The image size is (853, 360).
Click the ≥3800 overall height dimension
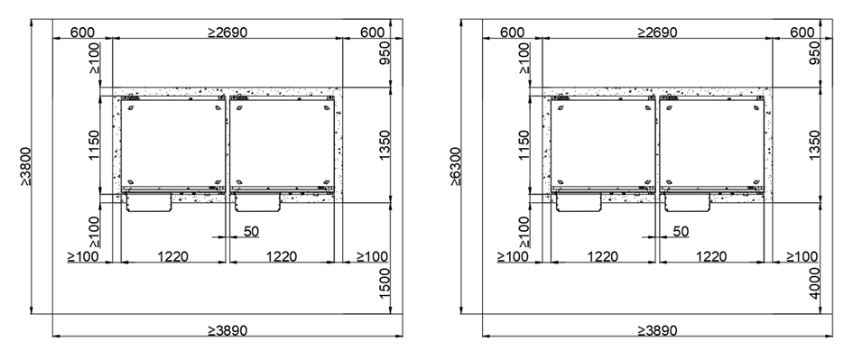coord(25,166)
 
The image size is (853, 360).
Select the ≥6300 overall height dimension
coord(455,166)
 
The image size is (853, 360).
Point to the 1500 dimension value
coord(385,282)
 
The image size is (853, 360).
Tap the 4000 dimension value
coord(814,282)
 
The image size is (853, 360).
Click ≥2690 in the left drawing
coord(227,32)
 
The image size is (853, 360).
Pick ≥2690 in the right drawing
coord(658,32)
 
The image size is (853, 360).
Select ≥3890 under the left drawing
coord(227,330)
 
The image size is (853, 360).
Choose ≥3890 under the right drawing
coord(658,330)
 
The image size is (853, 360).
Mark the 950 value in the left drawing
coord(385,52)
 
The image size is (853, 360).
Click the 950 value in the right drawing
coord(814,52)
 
